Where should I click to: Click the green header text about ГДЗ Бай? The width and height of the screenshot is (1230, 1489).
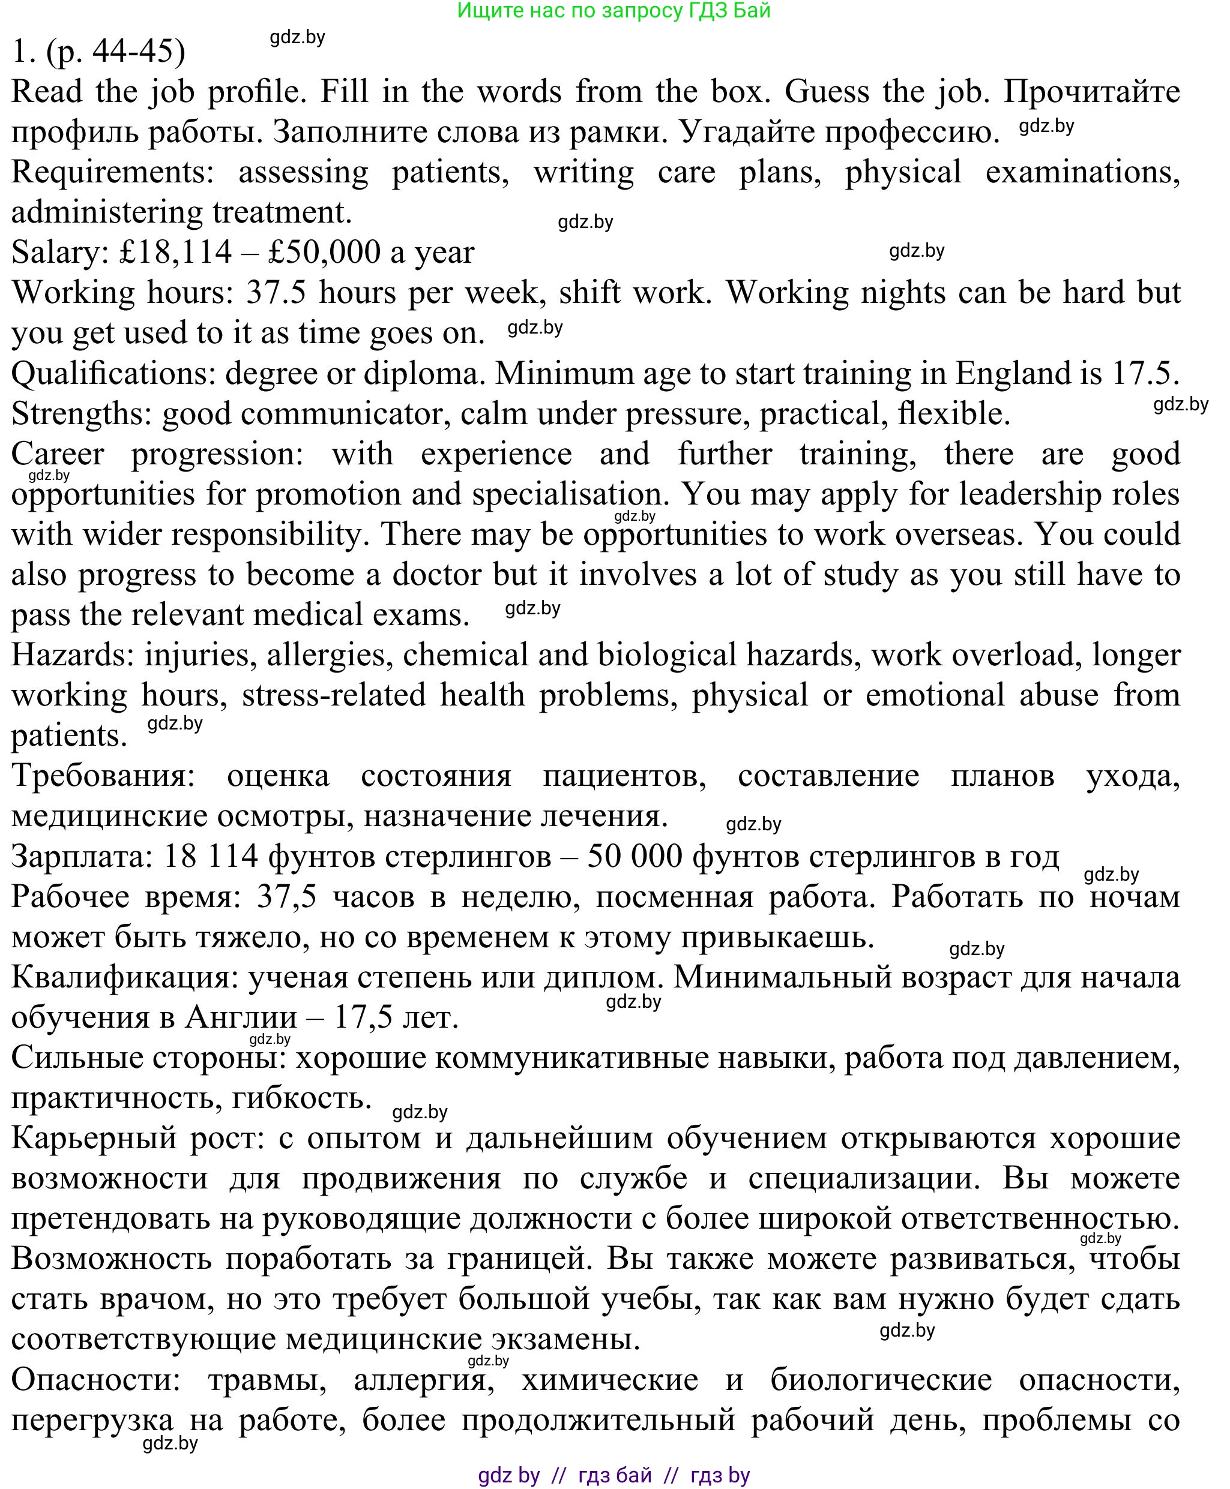[x=613, y=11]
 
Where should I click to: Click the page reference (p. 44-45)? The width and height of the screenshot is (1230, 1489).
[x=115, y=51]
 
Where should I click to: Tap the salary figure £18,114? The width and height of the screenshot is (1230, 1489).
[x=176, y=253]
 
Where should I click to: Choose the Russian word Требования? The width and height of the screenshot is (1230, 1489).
[x=103, y=777]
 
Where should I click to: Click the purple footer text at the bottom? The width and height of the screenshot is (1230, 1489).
[x=613, y=1476]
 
